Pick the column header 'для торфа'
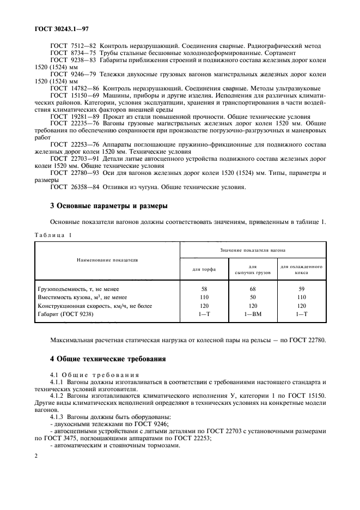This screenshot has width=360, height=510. click(204, 269)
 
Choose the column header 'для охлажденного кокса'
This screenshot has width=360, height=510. click(301, 269)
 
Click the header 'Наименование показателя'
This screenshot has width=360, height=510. click(107, 260)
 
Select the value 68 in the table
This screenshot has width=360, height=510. click(253, 288)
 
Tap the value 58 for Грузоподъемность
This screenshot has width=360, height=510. click(204, 288)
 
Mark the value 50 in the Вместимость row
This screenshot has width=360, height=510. click(253, 297)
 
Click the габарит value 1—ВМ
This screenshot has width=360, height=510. click(253, 314)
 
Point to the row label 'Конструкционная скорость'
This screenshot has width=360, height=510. click(87, 306)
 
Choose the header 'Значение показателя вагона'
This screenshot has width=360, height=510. click(253, 250)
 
